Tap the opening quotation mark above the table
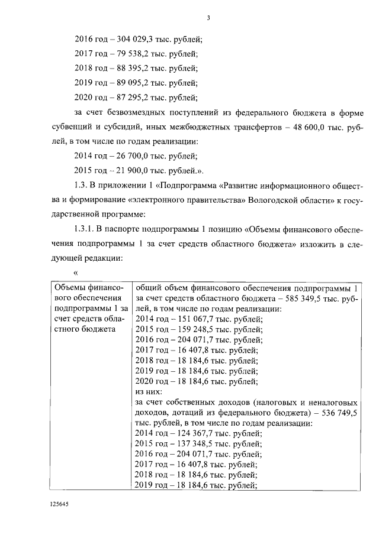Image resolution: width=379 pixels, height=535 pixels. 75,272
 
